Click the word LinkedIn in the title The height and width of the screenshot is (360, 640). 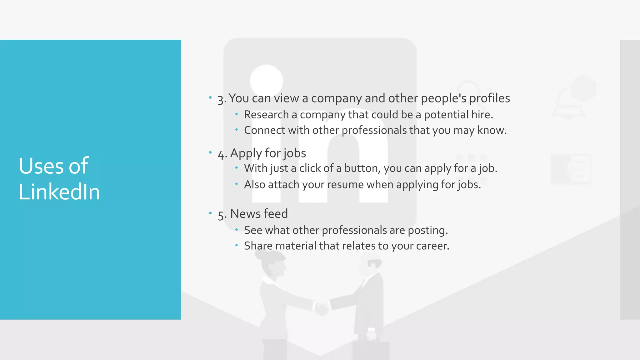pos(59,192)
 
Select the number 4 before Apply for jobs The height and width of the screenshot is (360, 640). pos(221,154)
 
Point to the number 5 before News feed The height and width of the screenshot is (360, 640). pos(221,215)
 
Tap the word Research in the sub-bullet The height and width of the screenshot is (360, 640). pos(266,115)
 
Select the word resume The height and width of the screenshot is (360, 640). pos(345,185)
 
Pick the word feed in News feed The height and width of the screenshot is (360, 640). pos(275,214)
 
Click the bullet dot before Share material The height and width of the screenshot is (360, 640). pos(237,245)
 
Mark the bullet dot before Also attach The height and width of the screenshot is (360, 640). pos(237,184)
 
